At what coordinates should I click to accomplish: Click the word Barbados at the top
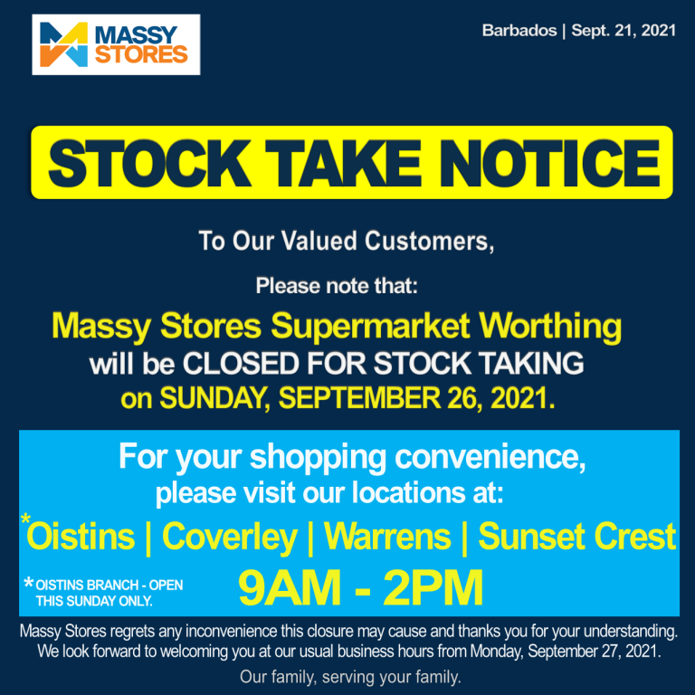pyautogui.click(x=519, y=31)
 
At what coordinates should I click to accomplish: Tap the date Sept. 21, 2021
pyautogui.click(x=624, y=31)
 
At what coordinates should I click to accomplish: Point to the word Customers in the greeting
pyautogui.click(x=430, y=242)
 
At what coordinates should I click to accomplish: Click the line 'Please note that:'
pyautogui.click(x=338, y=286)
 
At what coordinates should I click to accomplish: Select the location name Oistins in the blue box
pyautogui.click(x=81, y=538)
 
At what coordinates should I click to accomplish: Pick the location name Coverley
pyautogui.click(x=229, y=538)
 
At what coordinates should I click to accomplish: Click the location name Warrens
pyautogui.click(x=387, y=538)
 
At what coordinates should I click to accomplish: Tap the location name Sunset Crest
pyautogui.click(x=576, y=538)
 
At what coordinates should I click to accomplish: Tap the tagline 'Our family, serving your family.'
pyautogui.click(x=350, y=676)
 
